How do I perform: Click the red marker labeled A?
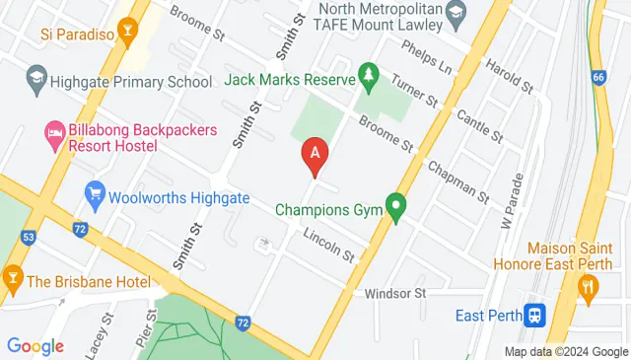315,155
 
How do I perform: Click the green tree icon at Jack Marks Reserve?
369,75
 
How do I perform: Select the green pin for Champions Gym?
396,207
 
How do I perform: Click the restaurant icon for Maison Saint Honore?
588,287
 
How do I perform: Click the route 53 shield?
29,237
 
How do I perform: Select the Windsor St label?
394,294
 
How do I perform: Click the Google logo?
35,346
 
